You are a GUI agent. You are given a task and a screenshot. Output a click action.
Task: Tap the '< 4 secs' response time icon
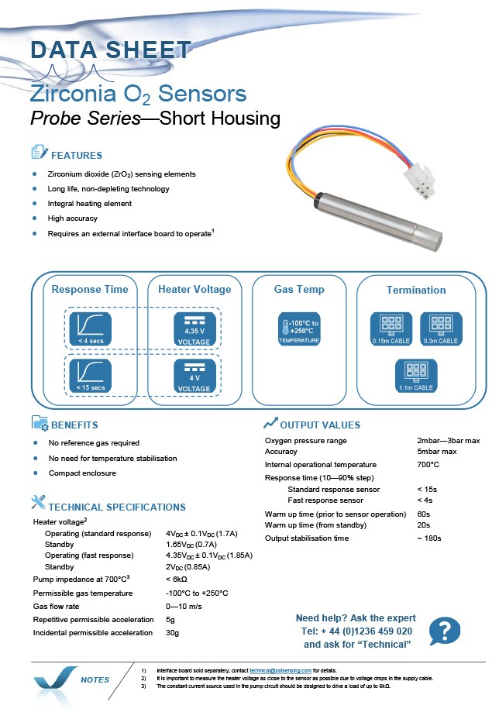(x=91, y=328)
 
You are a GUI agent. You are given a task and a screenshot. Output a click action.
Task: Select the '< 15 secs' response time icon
(x=91, y=376)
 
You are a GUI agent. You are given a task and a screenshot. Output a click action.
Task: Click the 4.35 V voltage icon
(x=194, y=328)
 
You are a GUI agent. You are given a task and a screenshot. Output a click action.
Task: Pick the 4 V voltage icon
(x=194, y=376)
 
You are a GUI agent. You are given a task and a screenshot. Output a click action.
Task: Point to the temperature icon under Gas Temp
(x=299, y=328)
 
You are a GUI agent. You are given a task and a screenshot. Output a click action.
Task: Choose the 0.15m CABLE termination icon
(x=391, y=328)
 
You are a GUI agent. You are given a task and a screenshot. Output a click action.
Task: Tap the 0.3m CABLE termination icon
(x=441, y=328)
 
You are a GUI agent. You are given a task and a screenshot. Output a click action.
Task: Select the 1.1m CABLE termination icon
(x=416, y=376)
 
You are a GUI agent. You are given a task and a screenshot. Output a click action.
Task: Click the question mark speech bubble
(x=445, y=631)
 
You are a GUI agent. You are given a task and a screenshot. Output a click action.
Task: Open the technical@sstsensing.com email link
(x=280, y=670)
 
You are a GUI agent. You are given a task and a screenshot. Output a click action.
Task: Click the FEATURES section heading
(x=77, y=155)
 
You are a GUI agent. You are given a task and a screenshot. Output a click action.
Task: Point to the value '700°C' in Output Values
(x=428, y=465)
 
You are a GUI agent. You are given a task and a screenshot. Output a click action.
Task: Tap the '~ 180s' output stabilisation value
(x=429, y=538)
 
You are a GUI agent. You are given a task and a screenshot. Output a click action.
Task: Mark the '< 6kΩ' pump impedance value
(x=177, y=579)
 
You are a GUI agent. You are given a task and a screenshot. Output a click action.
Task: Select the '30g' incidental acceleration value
(x=173, y=632)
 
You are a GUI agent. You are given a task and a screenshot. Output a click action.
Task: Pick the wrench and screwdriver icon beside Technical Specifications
(x=38, y=502)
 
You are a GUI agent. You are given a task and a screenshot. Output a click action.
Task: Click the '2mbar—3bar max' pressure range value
(x=449, y=441)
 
